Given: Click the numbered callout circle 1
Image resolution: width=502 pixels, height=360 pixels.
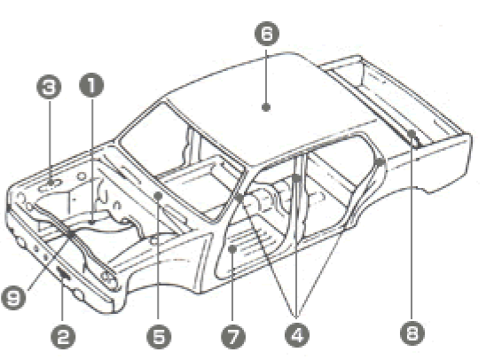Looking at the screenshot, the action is click(91, 85).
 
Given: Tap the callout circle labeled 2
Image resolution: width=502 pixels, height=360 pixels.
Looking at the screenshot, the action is click(63, 337).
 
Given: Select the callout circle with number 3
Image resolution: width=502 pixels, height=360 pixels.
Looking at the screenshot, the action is click(49, 87).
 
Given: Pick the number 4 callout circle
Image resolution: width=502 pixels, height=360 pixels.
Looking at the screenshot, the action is click(297, 335).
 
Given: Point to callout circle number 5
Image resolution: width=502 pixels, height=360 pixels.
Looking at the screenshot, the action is click(159, 337).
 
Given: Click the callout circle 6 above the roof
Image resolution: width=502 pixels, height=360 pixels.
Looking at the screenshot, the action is click(267, 34).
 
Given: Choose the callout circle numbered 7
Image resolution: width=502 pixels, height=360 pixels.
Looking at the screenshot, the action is click(233, 337).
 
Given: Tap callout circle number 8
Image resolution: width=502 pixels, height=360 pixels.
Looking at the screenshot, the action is click(412, 333).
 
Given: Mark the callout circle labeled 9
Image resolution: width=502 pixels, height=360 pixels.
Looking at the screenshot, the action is click(14, 297).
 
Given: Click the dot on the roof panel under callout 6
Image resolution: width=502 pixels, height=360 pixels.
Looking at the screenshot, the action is click(266, 107).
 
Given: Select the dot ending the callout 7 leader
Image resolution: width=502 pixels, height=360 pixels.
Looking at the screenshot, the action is click(232, 248).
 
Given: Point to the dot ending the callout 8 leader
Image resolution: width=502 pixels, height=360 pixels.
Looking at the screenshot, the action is click(412, 133).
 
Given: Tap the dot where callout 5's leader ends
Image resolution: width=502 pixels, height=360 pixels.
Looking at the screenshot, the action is click(158, 196).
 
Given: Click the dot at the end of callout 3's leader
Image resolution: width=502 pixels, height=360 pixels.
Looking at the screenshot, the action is click(50, 183).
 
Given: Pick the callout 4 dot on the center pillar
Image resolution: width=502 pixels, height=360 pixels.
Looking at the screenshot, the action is click(297, 178).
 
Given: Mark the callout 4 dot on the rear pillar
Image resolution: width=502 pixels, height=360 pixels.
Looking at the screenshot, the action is click(380, 162).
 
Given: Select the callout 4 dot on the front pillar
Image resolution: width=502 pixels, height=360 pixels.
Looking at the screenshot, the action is click(239, 198).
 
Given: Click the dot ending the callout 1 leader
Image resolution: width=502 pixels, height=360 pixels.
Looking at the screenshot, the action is click(92, 222).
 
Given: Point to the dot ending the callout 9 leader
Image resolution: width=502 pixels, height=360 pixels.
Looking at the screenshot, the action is click(70, 234).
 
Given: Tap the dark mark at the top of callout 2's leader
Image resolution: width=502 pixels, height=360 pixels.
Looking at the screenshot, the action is click(63, 273).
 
